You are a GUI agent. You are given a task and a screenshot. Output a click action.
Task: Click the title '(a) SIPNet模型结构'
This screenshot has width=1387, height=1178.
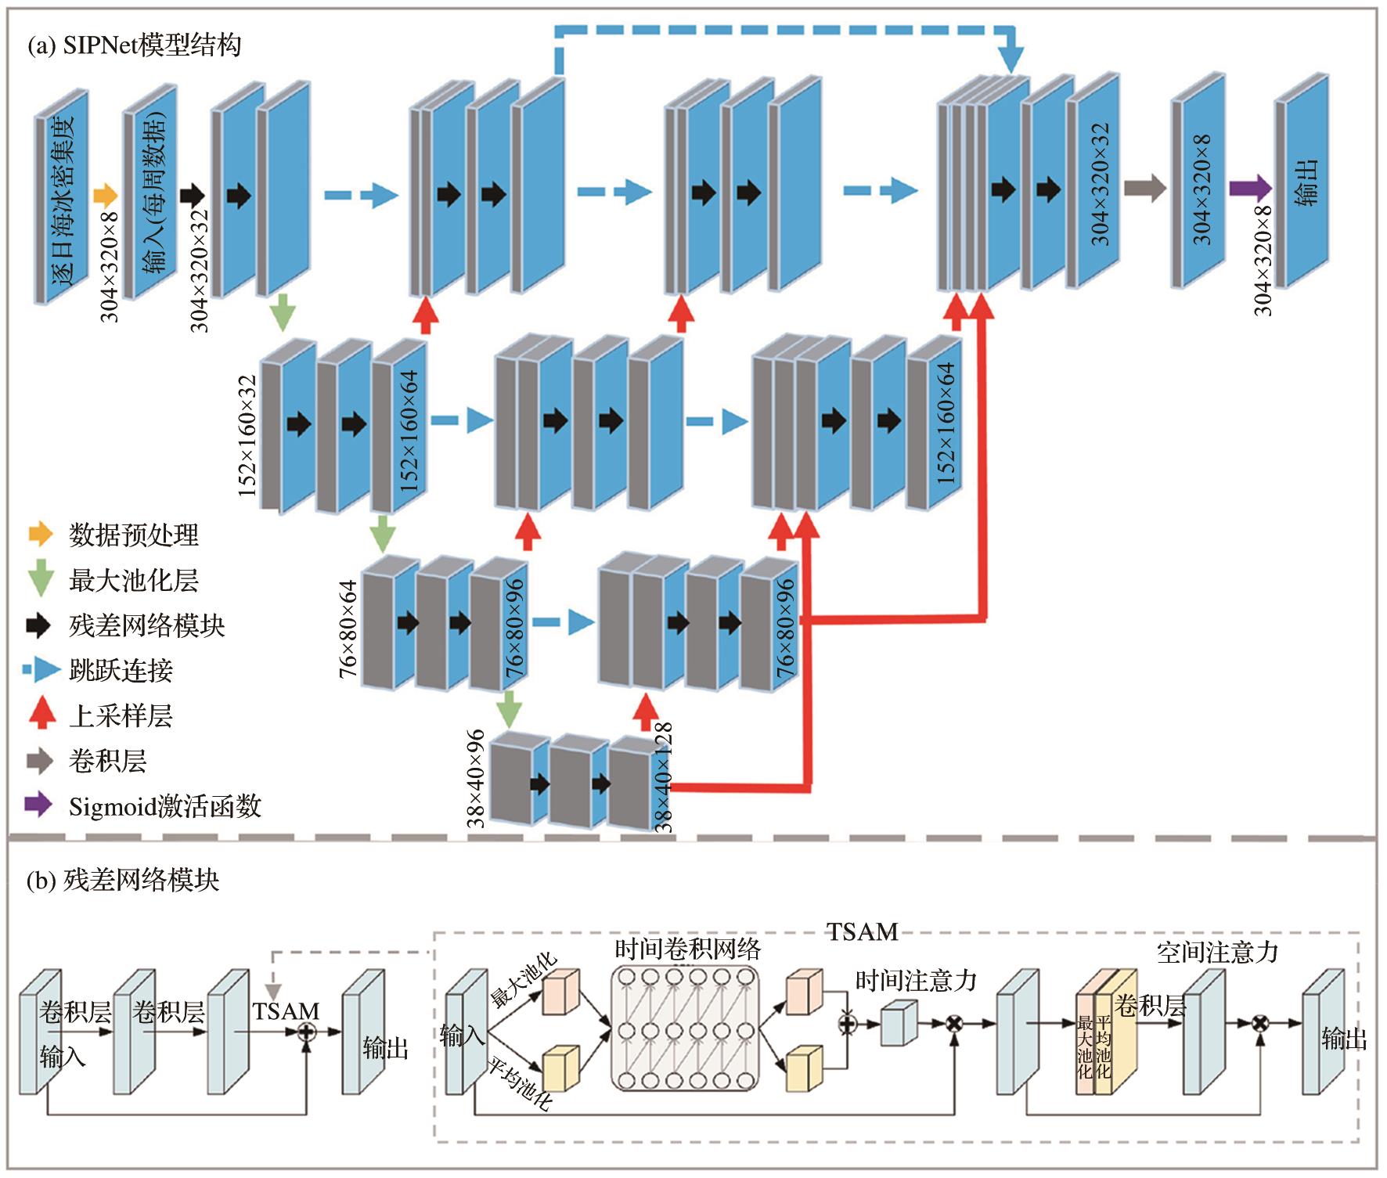click(x=134, y=45)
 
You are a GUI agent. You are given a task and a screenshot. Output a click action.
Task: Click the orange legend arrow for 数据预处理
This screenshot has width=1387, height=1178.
click(x=40, y=535)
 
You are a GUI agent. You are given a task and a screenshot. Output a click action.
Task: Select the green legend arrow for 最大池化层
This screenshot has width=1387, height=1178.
click(x=40, y=581)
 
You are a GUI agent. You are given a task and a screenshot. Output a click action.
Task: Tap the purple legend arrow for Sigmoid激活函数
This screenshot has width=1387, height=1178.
click(x=38, y=805)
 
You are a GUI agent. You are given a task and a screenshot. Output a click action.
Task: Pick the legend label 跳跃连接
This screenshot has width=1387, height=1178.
click(x=121, y=670)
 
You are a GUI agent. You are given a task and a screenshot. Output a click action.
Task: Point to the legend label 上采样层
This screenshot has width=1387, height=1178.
click(x=121, y=715)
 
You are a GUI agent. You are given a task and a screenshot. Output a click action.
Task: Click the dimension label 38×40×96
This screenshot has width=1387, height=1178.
click(x=476, y=779)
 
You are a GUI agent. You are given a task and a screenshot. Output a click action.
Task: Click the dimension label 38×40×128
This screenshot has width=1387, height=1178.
click(x=663, y=777)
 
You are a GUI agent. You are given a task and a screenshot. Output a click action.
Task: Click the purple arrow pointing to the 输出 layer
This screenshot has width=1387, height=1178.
click(x=1250, y=188)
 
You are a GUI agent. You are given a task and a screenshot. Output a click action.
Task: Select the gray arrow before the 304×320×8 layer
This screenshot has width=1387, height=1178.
click(x=1144, y=188)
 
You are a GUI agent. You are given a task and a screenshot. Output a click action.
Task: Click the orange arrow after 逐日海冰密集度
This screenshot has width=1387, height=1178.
click(x=105, y=195)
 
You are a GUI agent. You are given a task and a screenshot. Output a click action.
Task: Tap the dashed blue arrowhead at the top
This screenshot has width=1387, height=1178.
click(x=1011, y=59)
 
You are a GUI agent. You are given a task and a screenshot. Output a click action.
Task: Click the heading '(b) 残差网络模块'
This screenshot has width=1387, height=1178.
click(x=123, y=881)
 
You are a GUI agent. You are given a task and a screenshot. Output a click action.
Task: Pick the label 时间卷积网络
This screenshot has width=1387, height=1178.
click(x=687, y=949)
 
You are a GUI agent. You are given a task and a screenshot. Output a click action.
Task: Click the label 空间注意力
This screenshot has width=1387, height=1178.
click(x=1217, y=952)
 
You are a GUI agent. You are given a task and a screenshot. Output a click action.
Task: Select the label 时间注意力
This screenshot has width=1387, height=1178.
click(x=916, y=980)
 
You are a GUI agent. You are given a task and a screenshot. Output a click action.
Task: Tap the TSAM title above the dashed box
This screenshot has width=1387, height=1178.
click(x=863, y=931)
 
